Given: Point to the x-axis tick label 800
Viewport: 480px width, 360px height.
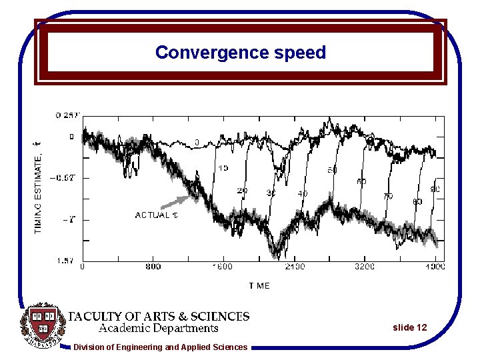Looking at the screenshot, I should click(153, 267).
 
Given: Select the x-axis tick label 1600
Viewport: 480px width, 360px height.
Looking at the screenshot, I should click(223, 267).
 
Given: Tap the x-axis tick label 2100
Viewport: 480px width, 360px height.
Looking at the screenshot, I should click(294, 267).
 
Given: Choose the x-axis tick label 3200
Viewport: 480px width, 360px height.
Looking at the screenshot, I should click(364, 267).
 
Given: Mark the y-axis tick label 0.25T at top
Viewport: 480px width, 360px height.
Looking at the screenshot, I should click(67, 115).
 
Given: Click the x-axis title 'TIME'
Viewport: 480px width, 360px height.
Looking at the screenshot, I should click(259, 285).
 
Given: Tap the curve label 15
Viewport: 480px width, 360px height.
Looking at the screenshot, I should click(223, 168).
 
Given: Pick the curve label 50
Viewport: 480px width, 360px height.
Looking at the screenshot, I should click(332, 171).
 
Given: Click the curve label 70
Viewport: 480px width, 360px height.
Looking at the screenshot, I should click(388, 197).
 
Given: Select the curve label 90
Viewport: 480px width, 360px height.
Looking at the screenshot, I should click(435, 189).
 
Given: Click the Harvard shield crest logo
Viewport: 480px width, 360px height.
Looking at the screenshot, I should click(43, 327).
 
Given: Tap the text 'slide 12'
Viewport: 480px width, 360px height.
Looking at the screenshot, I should click(409, 327).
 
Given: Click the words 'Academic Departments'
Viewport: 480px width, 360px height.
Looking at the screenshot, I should click(159, 328).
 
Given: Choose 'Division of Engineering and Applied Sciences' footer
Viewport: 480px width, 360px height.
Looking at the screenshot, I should click(160, 347).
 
